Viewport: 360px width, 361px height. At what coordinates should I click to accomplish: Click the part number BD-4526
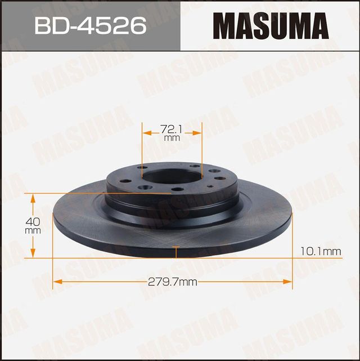click(90, 25)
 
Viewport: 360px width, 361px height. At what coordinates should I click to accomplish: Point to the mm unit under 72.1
click(172, 137)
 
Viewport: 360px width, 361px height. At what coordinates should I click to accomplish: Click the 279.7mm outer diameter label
click(173, 281)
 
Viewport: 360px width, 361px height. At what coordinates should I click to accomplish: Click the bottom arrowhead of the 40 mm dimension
click(33, 255)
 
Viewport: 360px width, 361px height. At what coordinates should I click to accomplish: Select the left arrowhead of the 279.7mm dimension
click(56, 281)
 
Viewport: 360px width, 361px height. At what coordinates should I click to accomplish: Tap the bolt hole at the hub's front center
click(178, 189)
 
